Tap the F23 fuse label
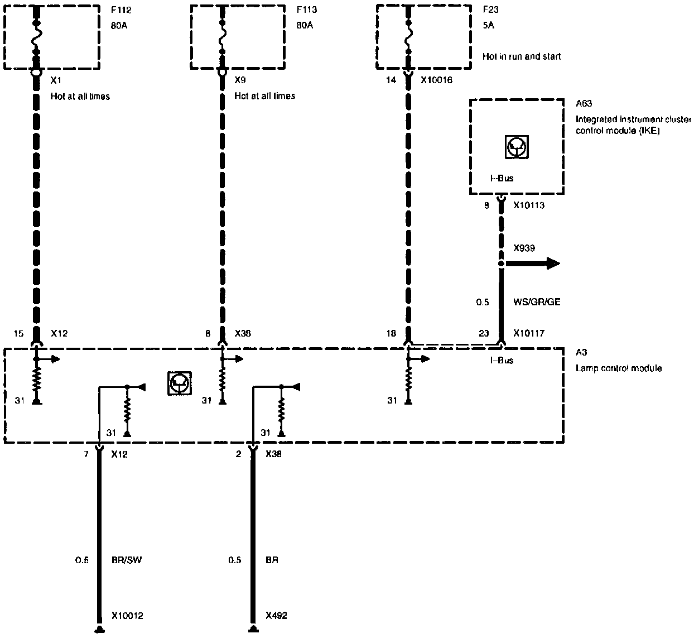click(x=490, y=9)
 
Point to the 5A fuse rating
click(x=488, y=25)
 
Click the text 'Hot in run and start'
click(x=522, y=56)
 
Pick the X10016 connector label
click(x=436, y=80)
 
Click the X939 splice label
click(x=524, y=248)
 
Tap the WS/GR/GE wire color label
click(x=537, y=302)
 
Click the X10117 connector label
click(x=529, y=333)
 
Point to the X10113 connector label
click(x=529, y=205)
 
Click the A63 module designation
click(x=584, y=103)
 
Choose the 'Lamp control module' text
click(x=619, y=368)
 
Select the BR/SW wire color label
click(x=127, y=560)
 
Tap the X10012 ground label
click(x=127, y=616)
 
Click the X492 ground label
click(x=276, y=616)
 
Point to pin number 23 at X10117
click(x=483, y=333)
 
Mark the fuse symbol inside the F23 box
click(x=408, y=36)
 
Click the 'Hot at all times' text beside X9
click(x=264, y=96)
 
